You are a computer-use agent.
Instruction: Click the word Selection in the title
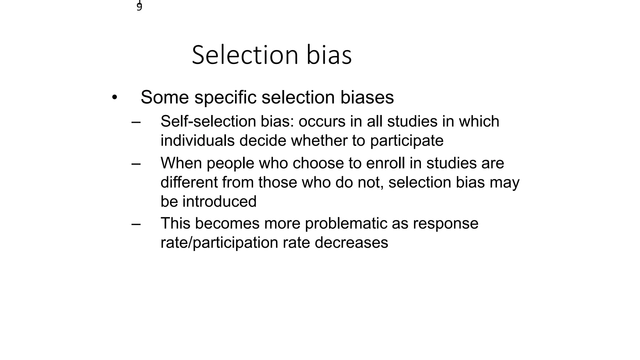point(245,55)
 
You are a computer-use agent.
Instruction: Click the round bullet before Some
point(114,97)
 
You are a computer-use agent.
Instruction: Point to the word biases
point(367,97)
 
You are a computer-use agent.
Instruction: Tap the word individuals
point(197,141)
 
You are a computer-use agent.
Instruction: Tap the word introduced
point(219,202)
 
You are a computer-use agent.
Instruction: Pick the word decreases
point(351,243)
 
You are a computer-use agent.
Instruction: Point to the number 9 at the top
point(139,7)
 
